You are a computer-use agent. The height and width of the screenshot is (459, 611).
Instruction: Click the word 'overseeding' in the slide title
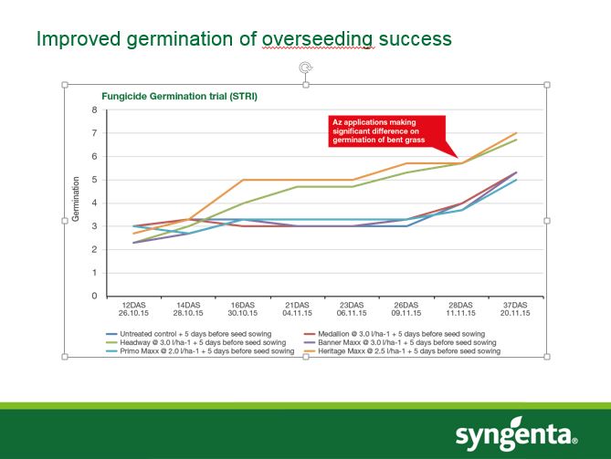pyautogui.click(x=318, y=39)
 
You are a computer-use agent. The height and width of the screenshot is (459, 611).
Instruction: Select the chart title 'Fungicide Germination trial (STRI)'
pyautogui.click(x=166, y=96)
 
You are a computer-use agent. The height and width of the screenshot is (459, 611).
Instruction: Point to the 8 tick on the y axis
pyautogui.click(x=93, y=110)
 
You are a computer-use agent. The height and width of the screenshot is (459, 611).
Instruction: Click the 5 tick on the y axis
pyautogui.click(x=93, y=180)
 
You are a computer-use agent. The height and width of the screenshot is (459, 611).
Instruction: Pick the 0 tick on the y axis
pyautogui.click(x=93, y=297)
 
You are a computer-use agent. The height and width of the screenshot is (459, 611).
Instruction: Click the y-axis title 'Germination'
pyautogui.click(x=77, y=202)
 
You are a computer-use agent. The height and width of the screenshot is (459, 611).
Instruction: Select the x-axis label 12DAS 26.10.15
pyautogui.click(x=133, y=310)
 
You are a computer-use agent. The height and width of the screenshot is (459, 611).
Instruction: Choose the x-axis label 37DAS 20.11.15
pyautogui.click(x=515, y=310)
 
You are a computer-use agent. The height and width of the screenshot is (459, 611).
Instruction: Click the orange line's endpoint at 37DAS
pyautogui.click(x=516, y=133)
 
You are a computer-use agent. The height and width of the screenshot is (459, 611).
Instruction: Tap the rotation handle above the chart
pyautogui.click(x=306, y=68)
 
